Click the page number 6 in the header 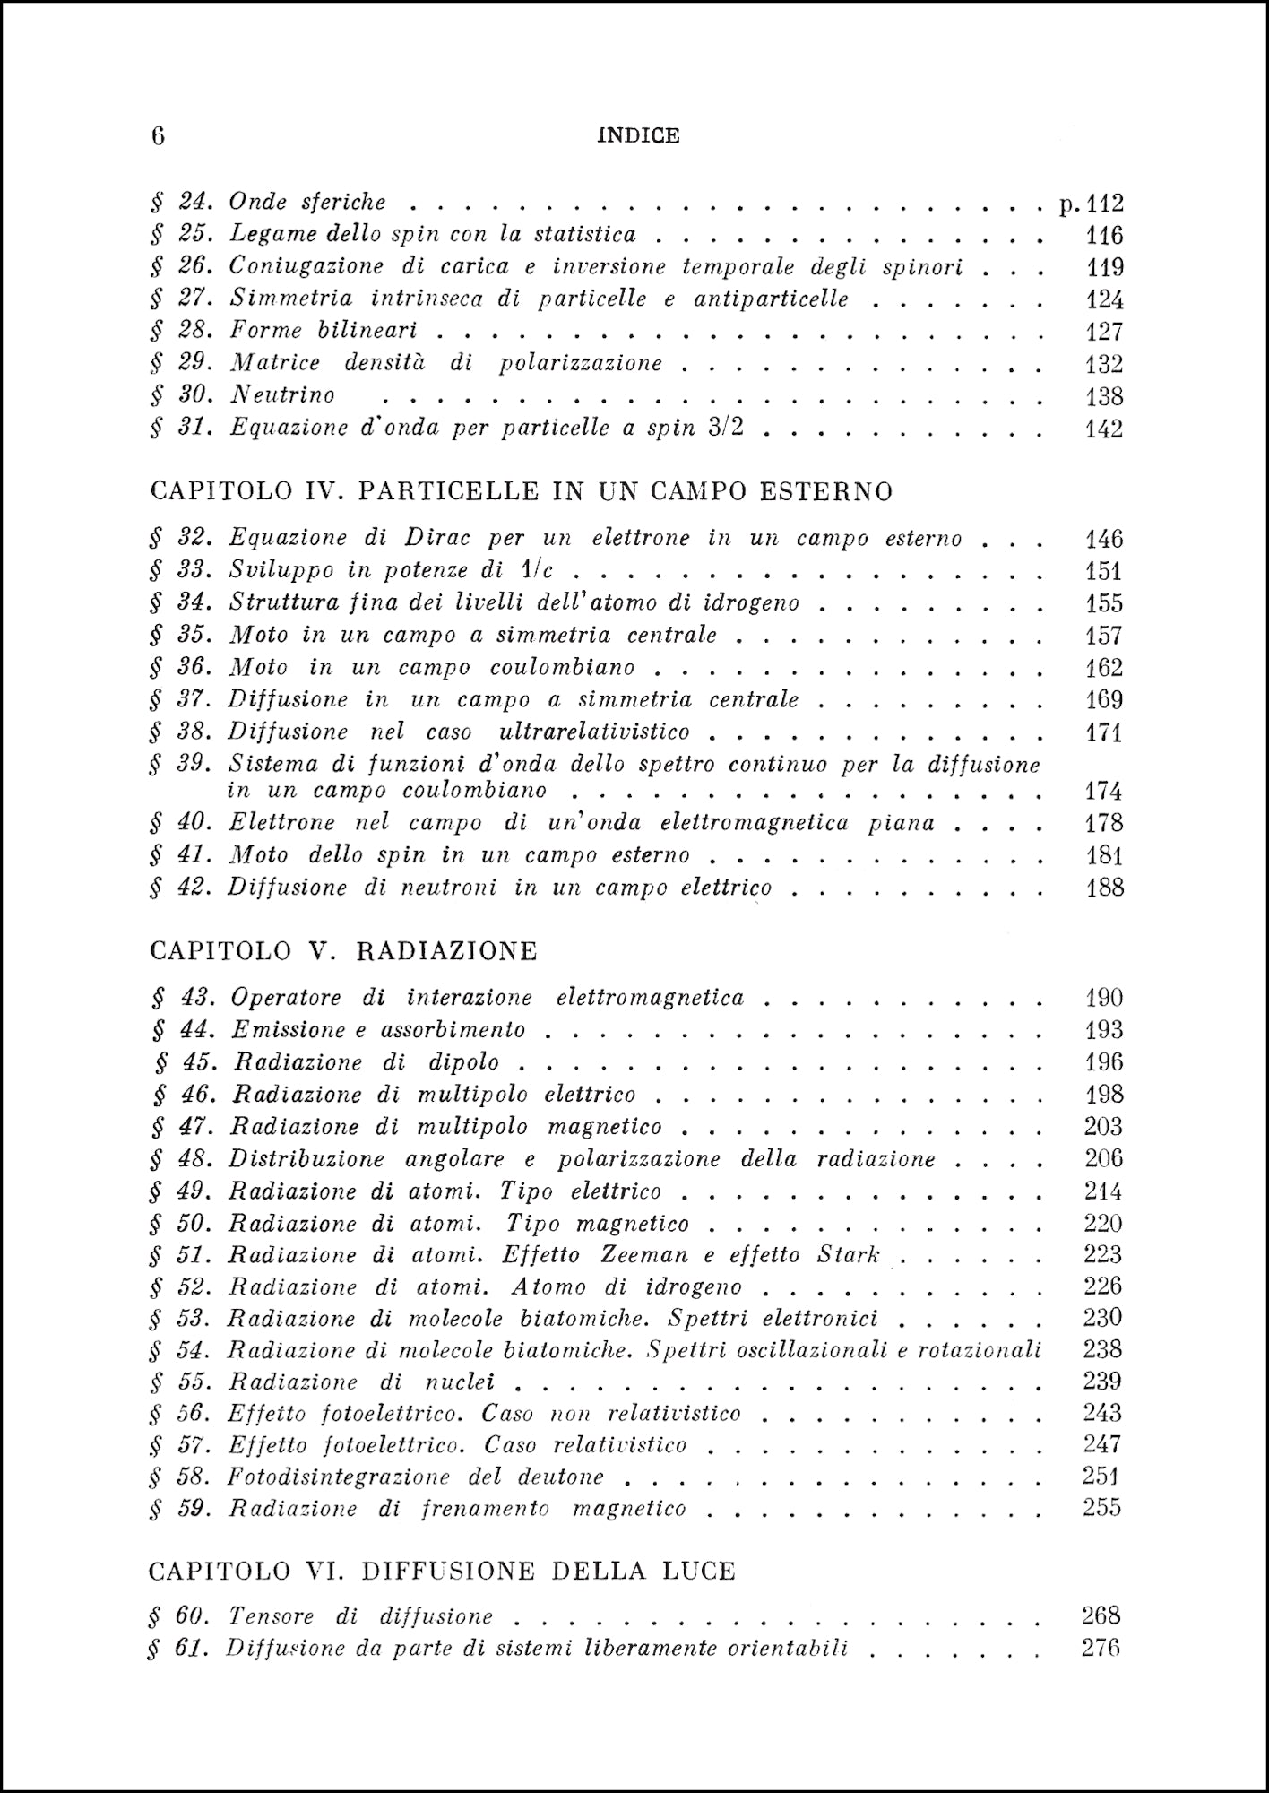[158, 135]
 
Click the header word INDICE [638, 135]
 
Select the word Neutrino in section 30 [282, 395]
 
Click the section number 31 [194, 428]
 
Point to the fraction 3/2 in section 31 [725, 428]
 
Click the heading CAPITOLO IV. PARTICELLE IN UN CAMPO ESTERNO [522, 491]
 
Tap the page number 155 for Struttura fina [1104, 603]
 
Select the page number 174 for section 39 [1104, 792]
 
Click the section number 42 [194, 888]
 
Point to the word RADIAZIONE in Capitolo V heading [446, 951]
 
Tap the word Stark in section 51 [848, 1255]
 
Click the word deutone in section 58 [560, 1477]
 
